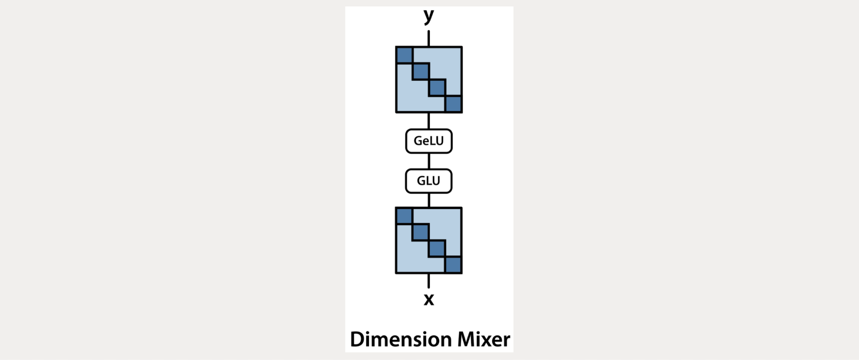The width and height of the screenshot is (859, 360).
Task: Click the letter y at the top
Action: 429,16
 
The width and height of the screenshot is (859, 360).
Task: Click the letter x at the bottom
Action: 429,299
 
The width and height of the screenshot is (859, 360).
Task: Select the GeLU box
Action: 429,141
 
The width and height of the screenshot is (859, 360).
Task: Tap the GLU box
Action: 429,181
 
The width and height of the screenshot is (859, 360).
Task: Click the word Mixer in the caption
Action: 483,340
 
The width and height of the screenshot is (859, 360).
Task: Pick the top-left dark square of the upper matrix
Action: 404,55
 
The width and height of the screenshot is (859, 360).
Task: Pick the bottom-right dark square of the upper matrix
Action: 453,104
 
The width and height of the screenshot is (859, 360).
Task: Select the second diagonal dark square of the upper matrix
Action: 420,72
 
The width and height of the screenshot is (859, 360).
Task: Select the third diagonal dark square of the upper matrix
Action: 437,88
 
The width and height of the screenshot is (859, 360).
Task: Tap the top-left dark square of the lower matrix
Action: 404,216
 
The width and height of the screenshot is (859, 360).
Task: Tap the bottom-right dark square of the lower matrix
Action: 453,265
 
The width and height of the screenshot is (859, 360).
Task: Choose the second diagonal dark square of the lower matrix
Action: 420,232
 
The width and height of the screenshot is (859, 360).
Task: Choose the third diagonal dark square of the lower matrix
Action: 437,248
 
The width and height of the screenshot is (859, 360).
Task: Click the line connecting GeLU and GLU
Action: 429,161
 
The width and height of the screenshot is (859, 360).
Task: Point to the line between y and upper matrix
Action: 429,39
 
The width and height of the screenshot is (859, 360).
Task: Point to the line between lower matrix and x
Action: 429,281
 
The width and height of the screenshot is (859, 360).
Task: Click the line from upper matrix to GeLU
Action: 429,121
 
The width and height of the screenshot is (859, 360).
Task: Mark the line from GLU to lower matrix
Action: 429,200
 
